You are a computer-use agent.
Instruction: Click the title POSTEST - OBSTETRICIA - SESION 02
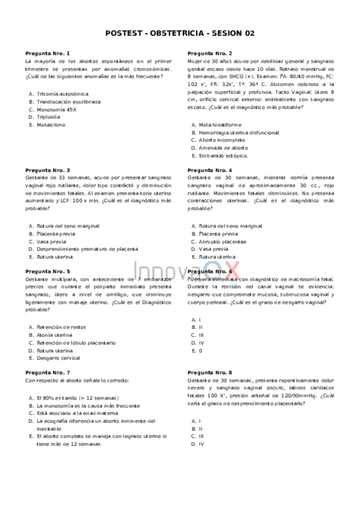(180, 34)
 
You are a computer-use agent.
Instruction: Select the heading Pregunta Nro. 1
(47, 54)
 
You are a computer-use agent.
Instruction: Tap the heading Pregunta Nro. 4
(210, 170)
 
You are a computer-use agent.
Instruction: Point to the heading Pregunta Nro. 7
(47, 373)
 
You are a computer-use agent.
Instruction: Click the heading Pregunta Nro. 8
(210, 373)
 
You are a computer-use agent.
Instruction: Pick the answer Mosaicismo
(51, 125)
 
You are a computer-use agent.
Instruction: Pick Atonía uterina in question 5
(55, 334)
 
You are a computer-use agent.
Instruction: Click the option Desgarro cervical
(58, 358)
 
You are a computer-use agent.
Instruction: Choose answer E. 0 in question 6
(197, 350)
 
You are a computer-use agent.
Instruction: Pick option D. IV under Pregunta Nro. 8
(198, 444)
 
